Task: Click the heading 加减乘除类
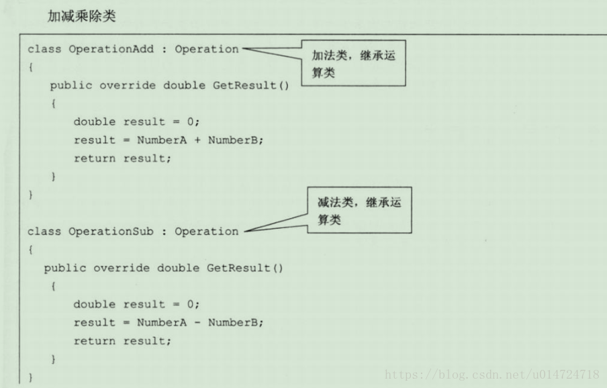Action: point(81,17)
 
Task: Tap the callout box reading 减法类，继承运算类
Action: point(359,211)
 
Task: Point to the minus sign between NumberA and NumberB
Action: point(198,322)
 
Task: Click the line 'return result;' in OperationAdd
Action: point(122,158)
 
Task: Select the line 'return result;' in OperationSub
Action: point(122,341)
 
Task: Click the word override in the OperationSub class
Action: point(122,268)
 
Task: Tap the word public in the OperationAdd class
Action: point(71,85)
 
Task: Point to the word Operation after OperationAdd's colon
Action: point(206,49)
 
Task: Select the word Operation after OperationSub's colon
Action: point(206,232)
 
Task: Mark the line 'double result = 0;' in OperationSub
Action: point(136,304)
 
